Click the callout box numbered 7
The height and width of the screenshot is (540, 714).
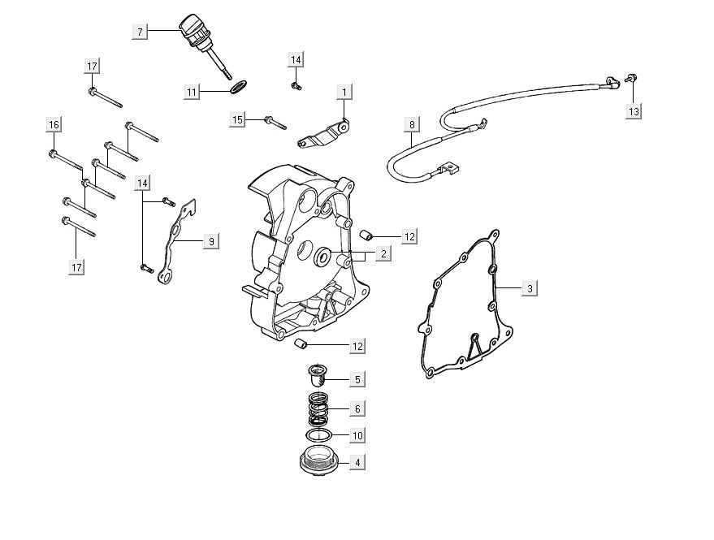tap(140, 32)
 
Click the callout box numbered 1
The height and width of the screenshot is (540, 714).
tap(344, 92)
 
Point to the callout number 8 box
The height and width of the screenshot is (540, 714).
tap(412, 125)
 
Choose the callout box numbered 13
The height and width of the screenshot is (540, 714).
tap(634, 110)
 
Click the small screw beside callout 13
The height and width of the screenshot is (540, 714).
tap(630, 79)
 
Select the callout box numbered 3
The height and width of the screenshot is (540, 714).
tap(529, 288)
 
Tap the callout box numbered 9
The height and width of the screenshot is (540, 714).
tap(210, 241)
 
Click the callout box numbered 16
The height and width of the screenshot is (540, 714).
tap(54, 124)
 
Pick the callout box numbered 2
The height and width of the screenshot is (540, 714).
tap(382, 253)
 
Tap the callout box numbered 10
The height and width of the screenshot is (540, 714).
tap(357, 435)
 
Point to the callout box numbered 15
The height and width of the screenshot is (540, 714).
tap(237, 120)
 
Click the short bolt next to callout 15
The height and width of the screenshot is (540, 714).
tap(274, 123)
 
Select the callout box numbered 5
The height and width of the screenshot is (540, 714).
tap(357, 378)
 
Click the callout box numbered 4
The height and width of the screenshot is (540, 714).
tap(357, 463)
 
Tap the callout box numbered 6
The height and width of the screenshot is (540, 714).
tap(357, 408)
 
